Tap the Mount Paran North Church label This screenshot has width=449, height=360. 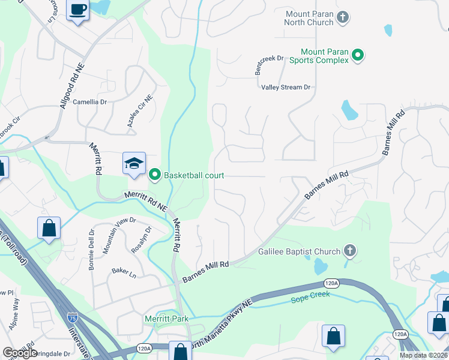[x=309, y=17]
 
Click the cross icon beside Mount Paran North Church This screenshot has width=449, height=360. [x=343, y=17]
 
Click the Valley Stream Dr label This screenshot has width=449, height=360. [x=286, y=87]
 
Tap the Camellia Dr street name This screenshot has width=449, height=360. [x=89, y=102]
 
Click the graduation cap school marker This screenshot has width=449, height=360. [x=134, y=163]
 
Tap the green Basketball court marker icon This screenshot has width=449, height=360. [x=154, y=175]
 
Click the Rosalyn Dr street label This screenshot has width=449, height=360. [x=142, y=239]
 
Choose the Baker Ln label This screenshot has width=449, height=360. [x=124, y=272]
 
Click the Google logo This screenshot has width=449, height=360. [x=20, y=353]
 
